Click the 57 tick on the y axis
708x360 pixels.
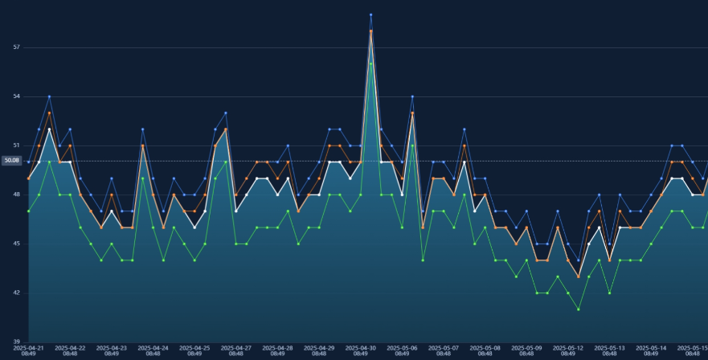point(16,47)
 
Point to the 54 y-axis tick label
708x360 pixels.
point(16,96)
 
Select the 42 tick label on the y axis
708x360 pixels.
point(16,292)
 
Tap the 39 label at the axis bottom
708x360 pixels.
point(16,342)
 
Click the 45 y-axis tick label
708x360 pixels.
point(16,243)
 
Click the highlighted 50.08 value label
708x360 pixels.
point(11,161)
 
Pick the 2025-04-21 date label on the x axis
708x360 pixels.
point(29,350)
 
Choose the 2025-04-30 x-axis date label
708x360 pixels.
point(361,350)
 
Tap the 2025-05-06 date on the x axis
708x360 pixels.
point(403,350)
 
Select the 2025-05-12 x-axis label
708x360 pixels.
point(568,350)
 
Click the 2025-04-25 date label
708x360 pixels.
point(194,350)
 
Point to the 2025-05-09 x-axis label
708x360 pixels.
point(527,350)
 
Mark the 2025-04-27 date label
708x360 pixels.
point(236,350)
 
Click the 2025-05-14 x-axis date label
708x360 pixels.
point(651,350)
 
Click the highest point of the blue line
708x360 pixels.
point(370,14)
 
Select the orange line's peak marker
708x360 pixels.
point(370,31)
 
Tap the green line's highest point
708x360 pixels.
point(370,63)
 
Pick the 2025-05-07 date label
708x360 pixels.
point(444,350)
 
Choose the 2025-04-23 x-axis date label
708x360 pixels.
point(112,350)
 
